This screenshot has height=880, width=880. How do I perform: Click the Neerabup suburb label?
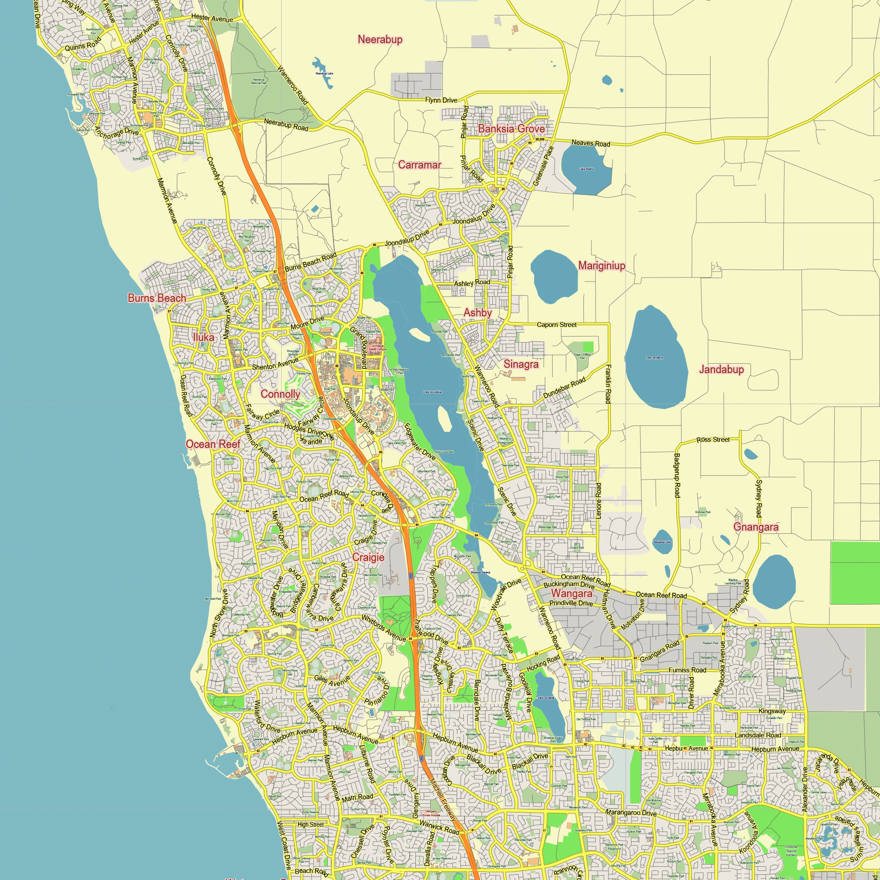(380, 40)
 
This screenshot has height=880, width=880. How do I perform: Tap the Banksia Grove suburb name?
(511, 129)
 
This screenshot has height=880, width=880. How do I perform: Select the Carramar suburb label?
(419, 165)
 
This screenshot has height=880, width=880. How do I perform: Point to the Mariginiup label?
(601, 266)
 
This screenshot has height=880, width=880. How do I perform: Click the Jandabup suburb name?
(721, 370)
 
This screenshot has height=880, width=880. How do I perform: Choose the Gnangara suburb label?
(755, 527)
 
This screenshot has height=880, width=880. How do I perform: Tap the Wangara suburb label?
(571, 594)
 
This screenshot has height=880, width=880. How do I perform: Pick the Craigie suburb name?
(368, 557)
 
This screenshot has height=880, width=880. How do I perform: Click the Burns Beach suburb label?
(157, 298)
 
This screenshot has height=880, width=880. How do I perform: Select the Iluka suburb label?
(203, 337)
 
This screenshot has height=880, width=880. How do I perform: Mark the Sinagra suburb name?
(521, 364)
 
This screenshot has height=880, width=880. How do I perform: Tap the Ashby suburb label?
(477, 313)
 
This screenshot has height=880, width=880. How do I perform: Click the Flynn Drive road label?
(441, 100)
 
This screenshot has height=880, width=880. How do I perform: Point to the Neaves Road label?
(590, 143)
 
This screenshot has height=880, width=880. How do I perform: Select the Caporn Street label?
(556, 325)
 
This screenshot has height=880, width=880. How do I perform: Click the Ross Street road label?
(713, 440)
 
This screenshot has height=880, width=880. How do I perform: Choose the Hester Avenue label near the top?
(212, 18)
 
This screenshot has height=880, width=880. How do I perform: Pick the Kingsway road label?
(772, 711)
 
